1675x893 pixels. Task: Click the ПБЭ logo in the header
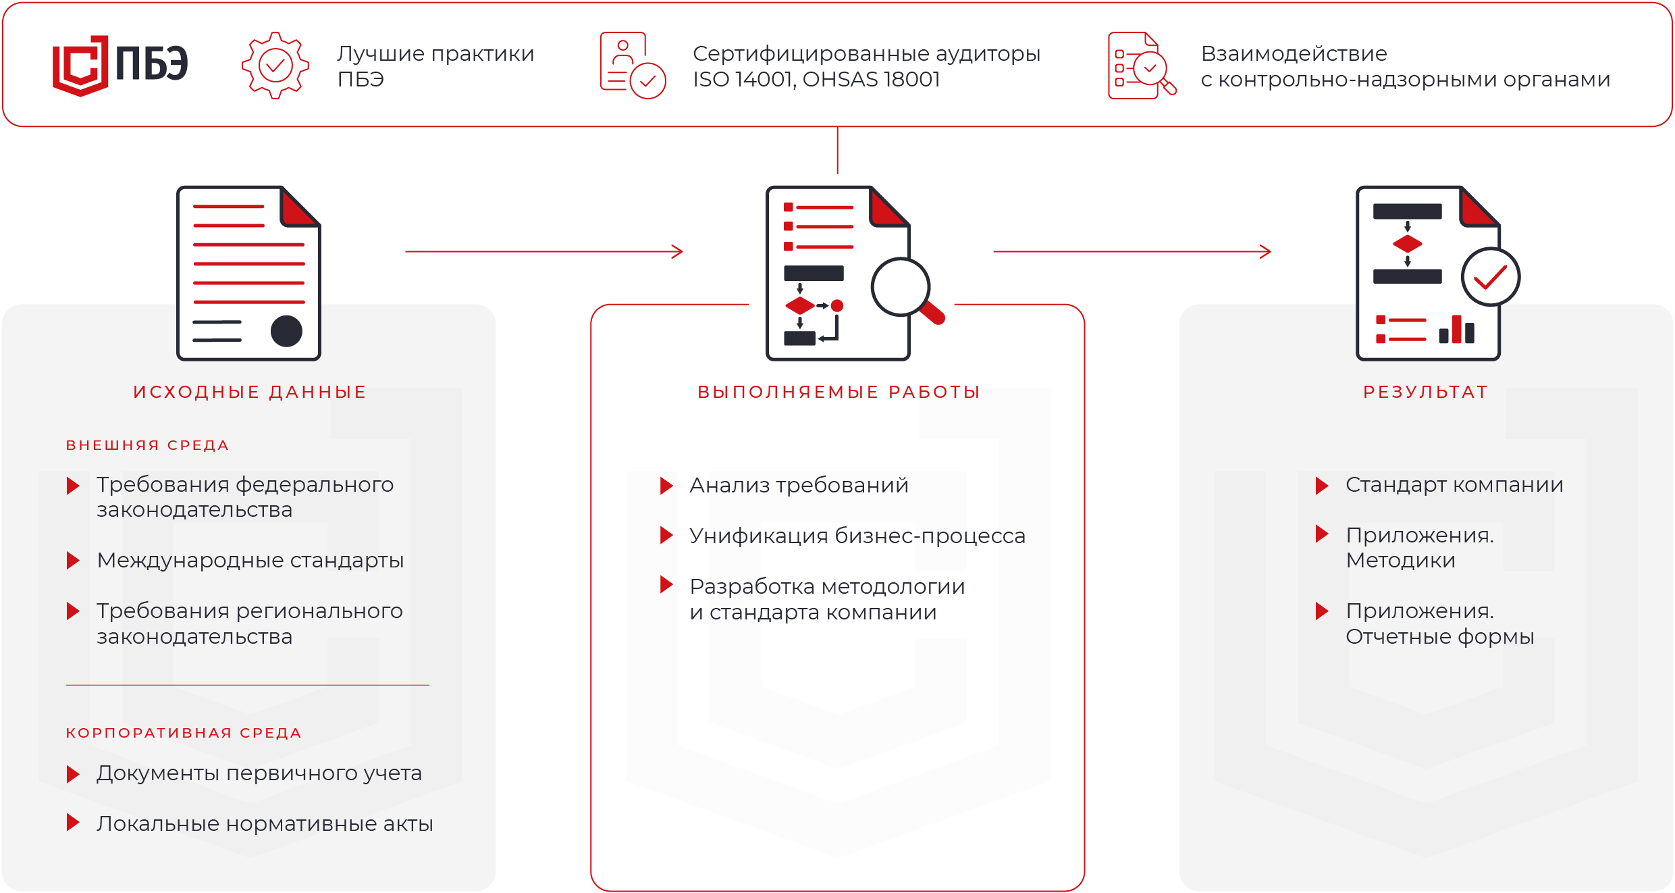click(x=119, y=65)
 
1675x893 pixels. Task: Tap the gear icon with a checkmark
click(x=275, y=66)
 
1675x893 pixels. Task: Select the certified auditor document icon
click(x=633, y=66)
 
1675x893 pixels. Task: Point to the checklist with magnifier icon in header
click(x=1142, y=66)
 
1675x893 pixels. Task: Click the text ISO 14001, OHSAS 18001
click(x=816, y=80)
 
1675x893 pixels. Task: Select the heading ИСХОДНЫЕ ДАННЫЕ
click(x=250, y=392)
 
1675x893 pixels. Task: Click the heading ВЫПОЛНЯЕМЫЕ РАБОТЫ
click(x=839, y=392)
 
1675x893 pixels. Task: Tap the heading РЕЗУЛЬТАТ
click(x=1426, y=392)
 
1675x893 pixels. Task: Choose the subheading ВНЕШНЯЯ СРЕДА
click(x=148, y=445)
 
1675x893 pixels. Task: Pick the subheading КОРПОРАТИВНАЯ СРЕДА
click(x=184, y=733)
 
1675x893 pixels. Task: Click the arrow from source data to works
click(x=544, y=251)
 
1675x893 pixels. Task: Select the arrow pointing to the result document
click(x=1132, y=251)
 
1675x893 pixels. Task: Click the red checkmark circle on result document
click(x=1490, y=277)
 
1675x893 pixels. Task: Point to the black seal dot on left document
click(x=286, y=331)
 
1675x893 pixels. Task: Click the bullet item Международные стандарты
click(x=250, y=561)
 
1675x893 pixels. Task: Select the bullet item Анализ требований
click(x=799, y=485)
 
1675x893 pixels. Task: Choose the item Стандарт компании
click(x=1454, y=485)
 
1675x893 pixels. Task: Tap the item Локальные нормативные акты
click(x=265, y=823)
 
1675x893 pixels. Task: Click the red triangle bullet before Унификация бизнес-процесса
click(x=666, y=536)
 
